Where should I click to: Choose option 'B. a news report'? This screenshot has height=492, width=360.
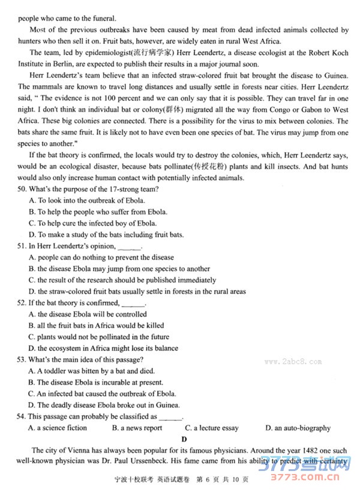137,428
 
